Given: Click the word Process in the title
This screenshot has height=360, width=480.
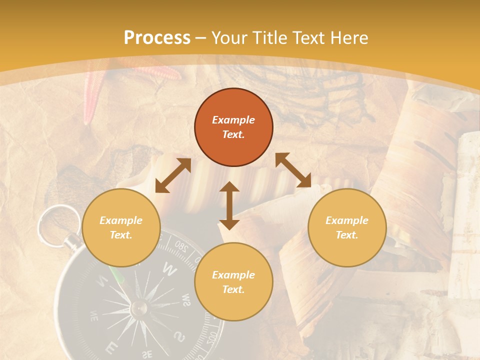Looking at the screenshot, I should (157, 38).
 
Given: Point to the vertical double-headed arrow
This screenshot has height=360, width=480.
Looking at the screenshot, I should (229, 205).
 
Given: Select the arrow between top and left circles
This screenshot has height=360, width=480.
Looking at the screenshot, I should (173, 175).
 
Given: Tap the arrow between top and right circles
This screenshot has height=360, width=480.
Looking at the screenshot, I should (293, 170).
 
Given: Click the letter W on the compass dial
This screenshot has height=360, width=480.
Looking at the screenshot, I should (170, 270).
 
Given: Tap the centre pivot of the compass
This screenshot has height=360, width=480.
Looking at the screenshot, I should (138, 308).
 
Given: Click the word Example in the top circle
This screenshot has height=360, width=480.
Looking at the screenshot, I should (233, 120).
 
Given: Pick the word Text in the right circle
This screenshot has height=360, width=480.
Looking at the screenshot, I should (346, 235).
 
